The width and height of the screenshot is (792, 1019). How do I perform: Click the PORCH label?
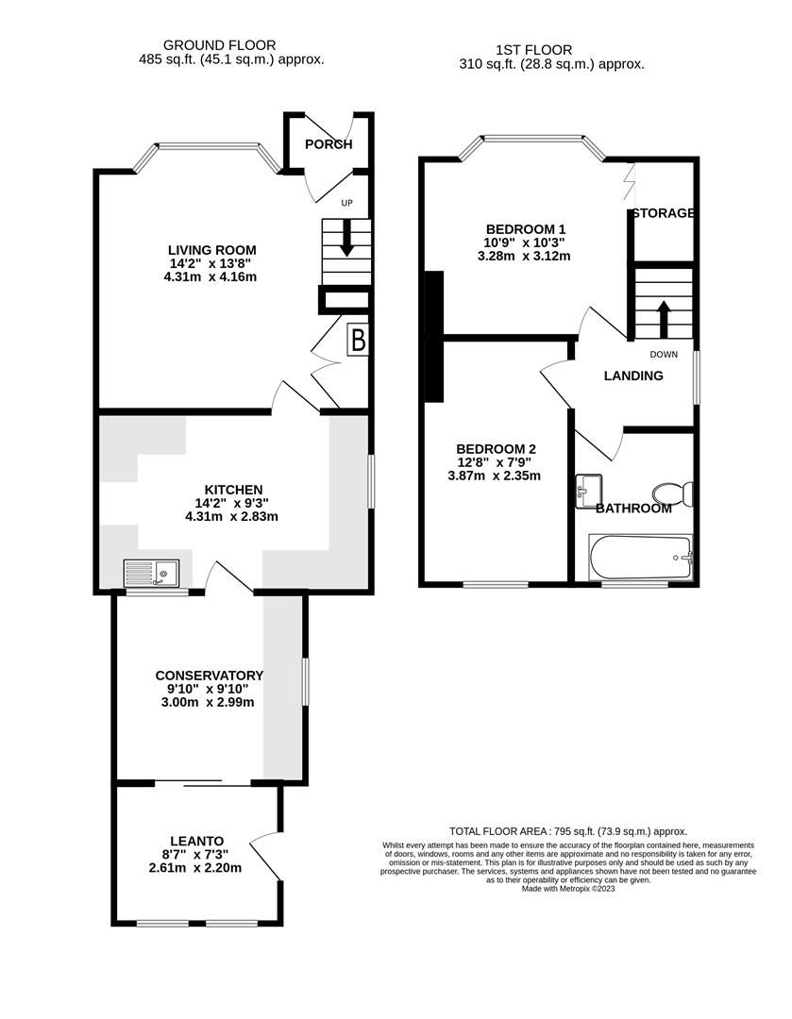point(329,144)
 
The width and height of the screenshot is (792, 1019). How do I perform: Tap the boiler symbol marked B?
point(358,340)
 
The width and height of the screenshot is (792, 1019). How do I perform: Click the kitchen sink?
point(152,573)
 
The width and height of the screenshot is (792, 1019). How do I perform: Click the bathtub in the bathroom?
point(641,559)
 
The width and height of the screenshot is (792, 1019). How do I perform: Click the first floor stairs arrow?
point(664,319)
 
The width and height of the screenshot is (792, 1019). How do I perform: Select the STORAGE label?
point(664,213)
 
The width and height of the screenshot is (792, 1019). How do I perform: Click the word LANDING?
point(633,376)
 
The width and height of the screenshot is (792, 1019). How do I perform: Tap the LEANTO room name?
point(196,841)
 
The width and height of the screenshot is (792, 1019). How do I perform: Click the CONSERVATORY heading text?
point(209,676)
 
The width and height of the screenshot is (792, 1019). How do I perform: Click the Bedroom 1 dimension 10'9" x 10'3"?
point(525,242)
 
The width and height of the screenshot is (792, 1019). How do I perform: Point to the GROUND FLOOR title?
point(219,44)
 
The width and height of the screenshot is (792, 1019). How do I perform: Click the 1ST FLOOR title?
point(533,50)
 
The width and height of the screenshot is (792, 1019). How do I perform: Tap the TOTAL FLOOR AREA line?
point(567,830)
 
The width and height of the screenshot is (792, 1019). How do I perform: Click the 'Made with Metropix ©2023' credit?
point(567,889)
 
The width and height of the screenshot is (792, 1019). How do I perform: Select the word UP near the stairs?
point(347,202)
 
